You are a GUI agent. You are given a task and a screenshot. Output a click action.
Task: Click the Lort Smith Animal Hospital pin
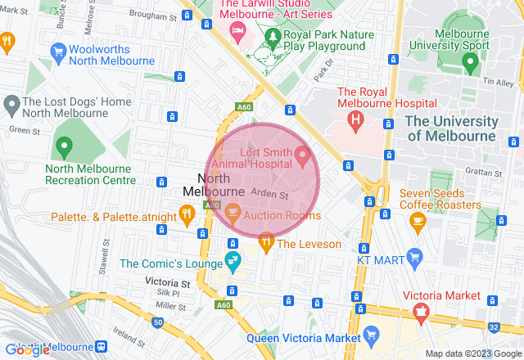pos(302,154)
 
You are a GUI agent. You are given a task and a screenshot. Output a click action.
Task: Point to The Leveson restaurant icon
pos(265,241)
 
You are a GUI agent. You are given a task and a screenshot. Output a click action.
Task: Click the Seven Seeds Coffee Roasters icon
pos(417,219)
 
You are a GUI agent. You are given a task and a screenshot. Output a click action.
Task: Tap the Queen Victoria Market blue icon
pos(371,335)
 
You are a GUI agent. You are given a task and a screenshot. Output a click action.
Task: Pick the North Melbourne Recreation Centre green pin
pos(65,148)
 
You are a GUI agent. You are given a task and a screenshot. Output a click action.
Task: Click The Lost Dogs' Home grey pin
pos(11,105)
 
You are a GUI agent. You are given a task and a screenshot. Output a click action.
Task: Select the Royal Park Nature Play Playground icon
pos(273,38)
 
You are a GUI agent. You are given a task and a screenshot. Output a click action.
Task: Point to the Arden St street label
pos(269,195)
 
